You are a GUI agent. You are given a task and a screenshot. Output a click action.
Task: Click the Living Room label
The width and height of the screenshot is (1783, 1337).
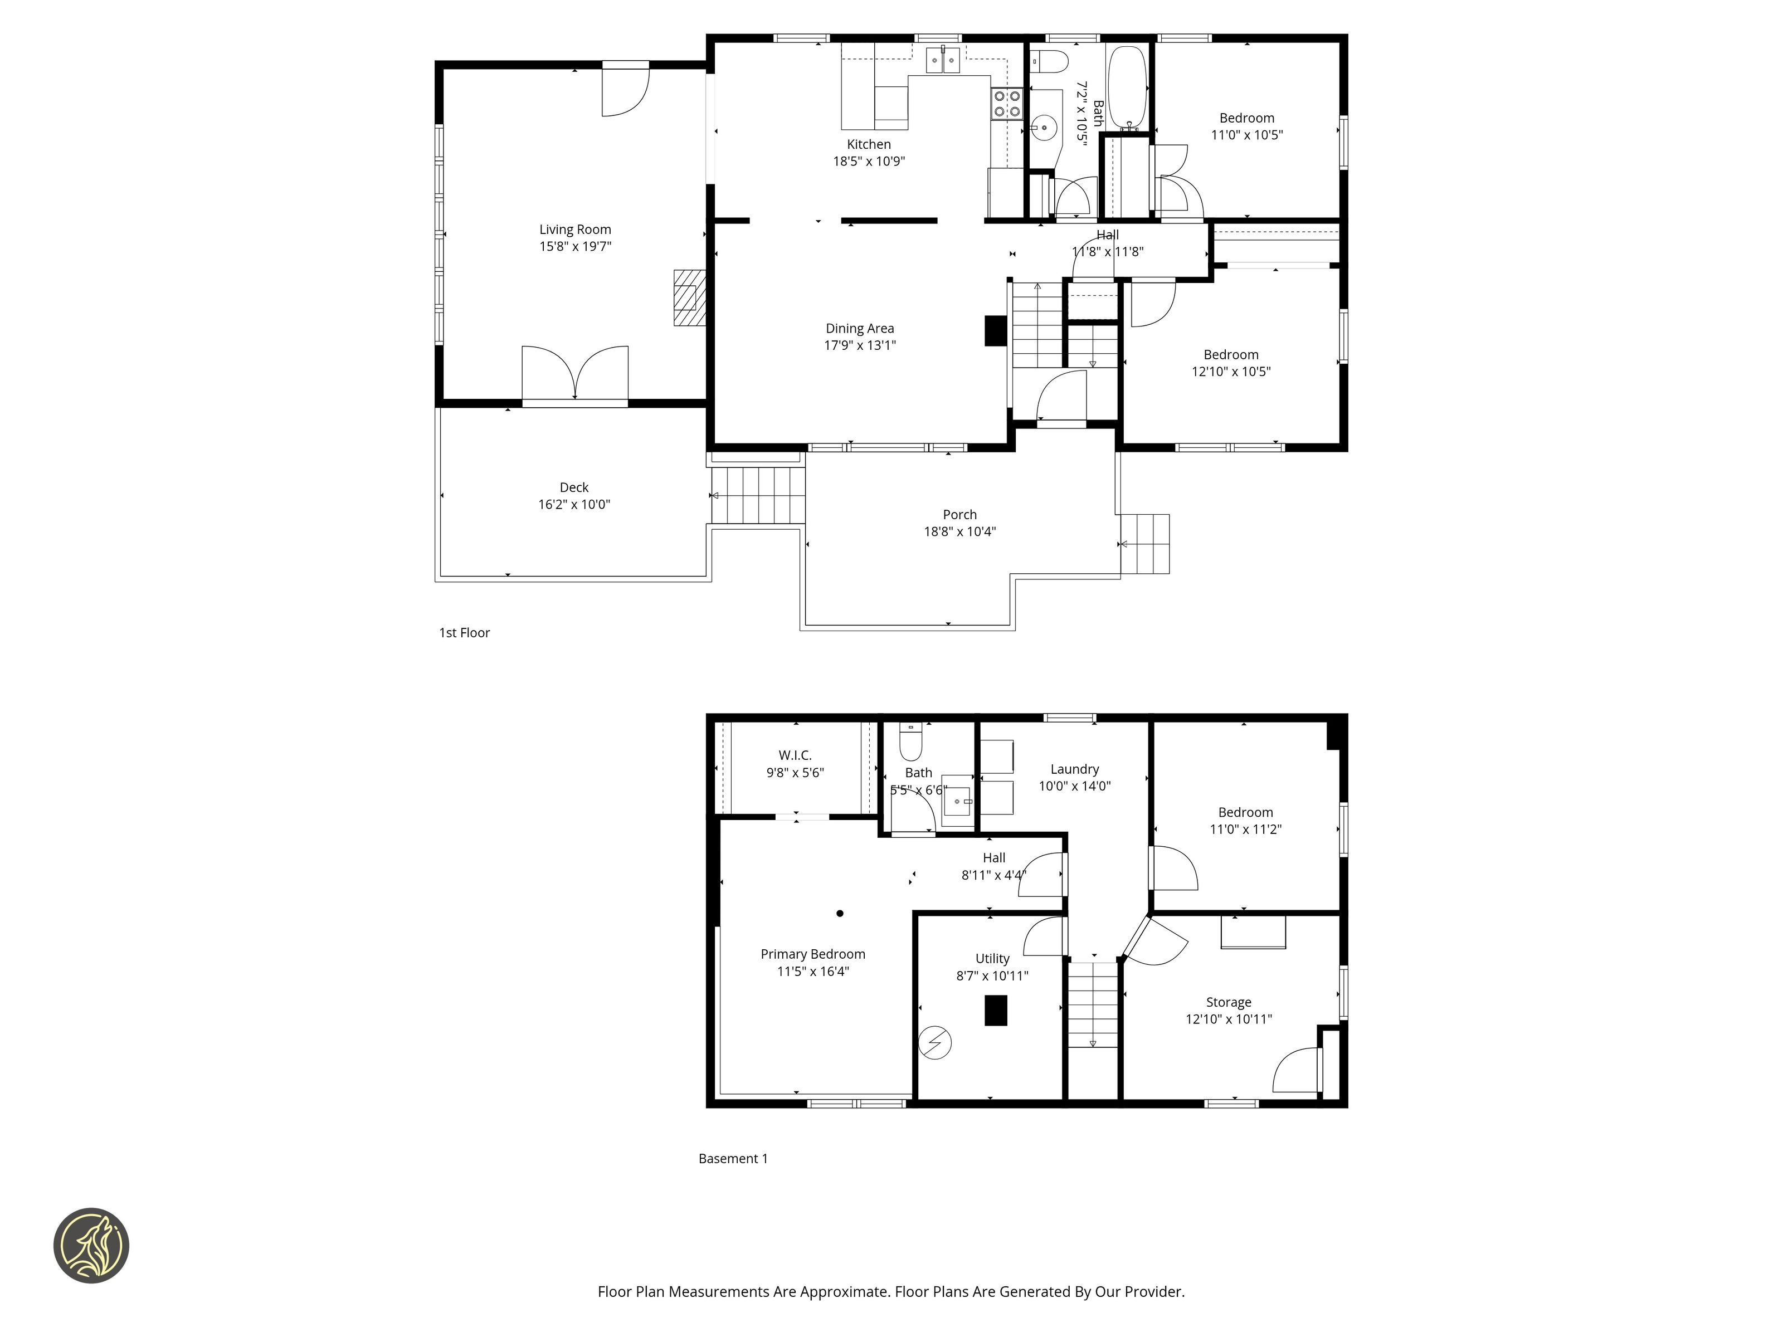(574, 230)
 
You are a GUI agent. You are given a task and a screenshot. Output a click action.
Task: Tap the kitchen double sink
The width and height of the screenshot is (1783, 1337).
(943, 60)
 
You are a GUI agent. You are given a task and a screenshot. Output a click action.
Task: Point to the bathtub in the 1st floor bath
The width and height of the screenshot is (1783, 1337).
(1127, 87)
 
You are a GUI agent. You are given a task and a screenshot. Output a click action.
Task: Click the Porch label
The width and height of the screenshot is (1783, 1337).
(959, 515)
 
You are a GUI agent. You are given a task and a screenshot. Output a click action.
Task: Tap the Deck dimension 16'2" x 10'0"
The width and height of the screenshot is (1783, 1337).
(574, 505)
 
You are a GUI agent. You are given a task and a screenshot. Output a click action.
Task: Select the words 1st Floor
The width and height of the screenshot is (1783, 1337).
(464, 633)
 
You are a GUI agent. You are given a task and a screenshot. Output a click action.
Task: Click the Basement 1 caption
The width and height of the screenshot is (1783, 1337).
(733, 1159)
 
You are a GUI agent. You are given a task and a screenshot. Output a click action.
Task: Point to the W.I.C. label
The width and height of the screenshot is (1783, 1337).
(795, 755)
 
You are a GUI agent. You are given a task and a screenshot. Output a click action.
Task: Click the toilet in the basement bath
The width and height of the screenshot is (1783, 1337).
(910, 741)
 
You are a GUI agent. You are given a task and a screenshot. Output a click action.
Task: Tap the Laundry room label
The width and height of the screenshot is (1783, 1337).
(1074, 770)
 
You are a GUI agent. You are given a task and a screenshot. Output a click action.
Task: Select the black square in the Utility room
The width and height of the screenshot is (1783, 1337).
(996, 1011)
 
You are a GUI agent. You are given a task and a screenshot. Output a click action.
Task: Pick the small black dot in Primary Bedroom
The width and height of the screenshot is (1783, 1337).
(840, 913)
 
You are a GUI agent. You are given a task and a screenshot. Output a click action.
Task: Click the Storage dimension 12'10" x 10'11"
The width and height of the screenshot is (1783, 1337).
(1229, 1019)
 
